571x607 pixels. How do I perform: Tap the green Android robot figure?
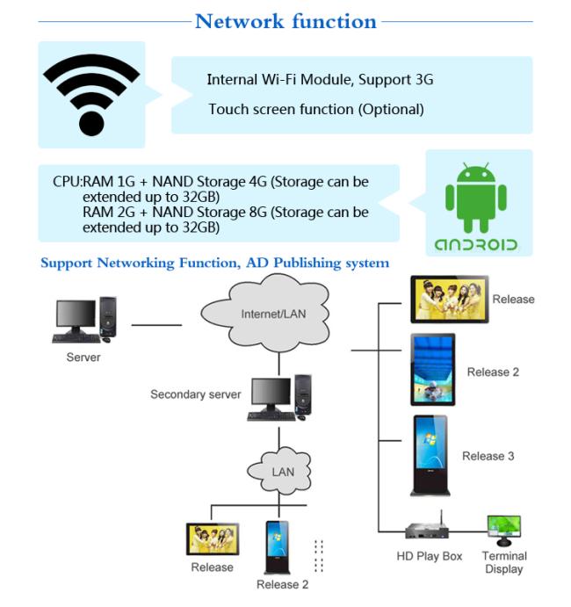pyautogui.click(x=476, y=198)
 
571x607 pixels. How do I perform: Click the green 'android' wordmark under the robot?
pyautogui.click(x=476, y=245)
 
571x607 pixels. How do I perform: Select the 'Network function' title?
pyautogui.click(x=285, y=21)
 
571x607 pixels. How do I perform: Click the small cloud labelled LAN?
pyautogui.click(x=279, y=471)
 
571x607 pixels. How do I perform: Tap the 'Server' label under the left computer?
pyautogui.click(x=83, y=357)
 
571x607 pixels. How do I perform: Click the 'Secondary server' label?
pyautogui.click(x=196, y=394)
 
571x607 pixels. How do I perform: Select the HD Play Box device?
pyautogui.click(x=427, y=529)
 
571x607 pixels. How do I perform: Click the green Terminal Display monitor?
pyautogui.click(x=504, y=530)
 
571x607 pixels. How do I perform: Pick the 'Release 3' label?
pyautogui.click(x=488, y=456)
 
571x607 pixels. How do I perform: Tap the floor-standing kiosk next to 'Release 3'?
pyautogui.click(x=430, y=455)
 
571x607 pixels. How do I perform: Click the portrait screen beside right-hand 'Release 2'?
pyautogui.click(x=433, y=369)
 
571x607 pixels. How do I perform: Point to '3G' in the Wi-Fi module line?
pyautogui.click(x=424, y=79)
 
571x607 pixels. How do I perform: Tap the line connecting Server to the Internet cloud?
pyautogui.click(x=156, y=325)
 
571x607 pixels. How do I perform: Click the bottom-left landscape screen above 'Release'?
pyautogui.click(x=213, y=538)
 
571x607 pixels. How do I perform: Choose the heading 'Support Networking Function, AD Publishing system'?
pyautogui.click(x=215, y=263)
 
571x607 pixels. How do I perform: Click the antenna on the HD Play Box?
pyautogui.click(x=441, y=517)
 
